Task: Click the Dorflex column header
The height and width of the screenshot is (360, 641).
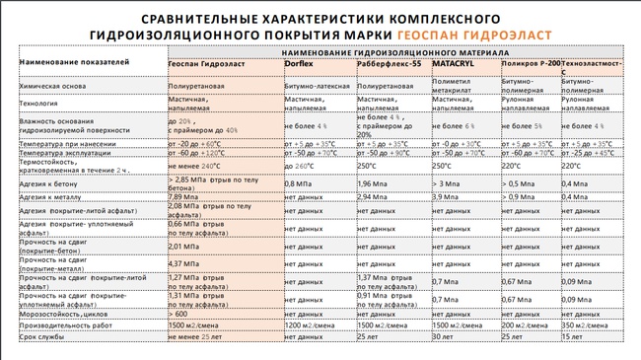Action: tap(300, 63)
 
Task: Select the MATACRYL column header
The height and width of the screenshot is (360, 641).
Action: tap(454, 63)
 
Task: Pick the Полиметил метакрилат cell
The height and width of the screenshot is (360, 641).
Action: tap(452, 83)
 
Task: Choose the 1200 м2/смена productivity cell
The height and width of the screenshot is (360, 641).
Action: tap(308, 324)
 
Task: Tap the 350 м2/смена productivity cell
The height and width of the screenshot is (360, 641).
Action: tap(583, 324)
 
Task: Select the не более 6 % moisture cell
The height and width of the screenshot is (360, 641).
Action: tap(454, 127)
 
